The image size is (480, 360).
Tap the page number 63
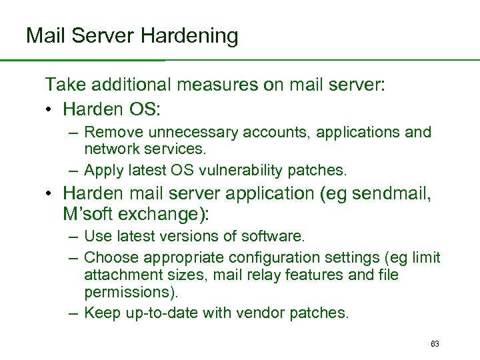click(435, 344)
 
